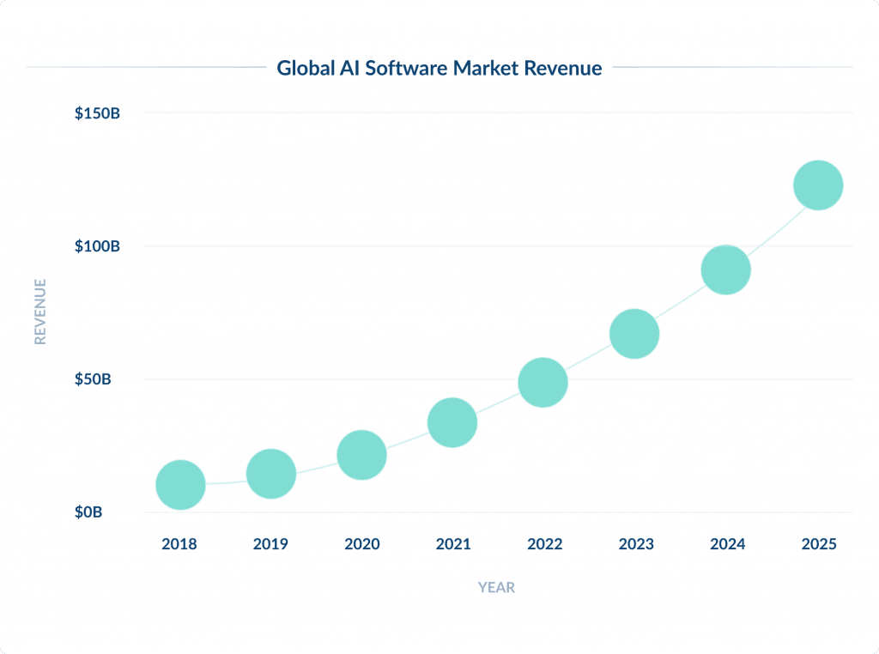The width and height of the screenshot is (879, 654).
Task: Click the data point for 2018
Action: (180, 485)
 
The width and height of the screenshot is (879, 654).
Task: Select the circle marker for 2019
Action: (271, 473)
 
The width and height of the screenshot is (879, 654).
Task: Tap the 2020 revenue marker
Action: (361, 455)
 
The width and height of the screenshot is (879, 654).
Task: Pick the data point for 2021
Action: (452, 422)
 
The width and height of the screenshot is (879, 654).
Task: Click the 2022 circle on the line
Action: (543, 382)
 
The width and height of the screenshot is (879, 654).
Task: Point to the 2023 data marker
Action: (634, 334)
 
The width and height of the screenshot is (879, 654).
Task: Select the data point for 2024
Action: (726, 269)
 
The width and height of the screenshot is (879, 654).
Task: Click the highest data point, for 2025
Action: (818, 185)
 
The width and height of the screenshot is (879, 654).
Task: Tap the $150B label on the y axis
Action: (96, 113)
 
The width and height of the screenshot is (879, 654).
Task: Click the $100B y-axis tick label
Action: (96, 246)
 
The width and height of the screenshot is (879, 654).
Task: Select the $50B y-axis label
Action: (93, 379)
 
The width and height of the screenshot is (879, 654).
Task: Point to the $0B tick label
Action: (88, 512)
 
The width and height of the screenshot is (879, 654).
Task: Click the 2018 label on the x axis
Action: (179, 544)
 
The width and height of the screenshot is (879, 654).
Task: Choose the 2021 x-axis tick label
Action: (452, 544)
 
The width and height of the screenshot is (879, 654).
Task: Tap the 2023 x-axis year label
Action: (635, 544)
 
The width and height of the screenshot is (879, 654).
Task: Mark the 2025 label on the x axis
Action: (818, 544)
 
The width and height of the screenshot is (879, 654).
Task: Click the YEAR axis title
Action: (496, 588)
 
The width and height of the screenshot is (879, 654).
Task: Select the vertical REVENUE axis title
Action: (39, 311)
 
